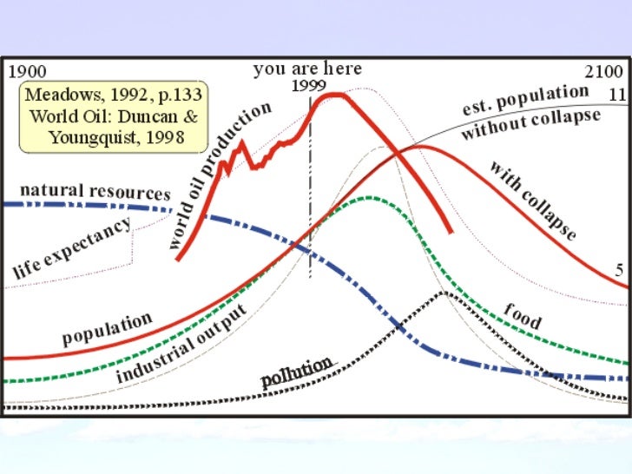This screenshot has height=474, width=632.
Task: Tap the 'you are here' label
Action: pyautogui.click(x=307, y=69)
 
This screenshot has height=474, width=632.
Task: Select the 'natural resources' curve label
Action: pyautogui.click(x=95, y=191)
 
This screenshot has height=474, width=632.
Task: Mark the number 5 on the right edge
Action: pyautogui.click(x=619, y=270)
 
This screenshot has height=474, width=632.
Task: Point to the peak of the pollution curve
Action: pyautogui.click(x=444, y=293)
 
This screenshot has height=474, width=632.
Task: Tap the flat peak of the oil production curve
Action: pyautogui.click(x=334, y=95)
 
